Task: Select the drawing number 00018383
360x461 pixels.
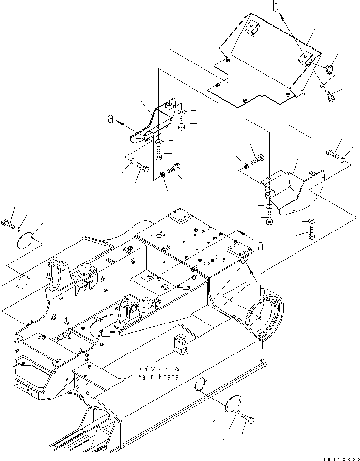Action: tap(338, 456)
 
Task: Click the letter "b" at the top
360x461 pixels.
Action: tap(275, 7)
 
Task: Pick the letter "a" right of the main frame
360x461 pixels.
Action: tap(260, 246)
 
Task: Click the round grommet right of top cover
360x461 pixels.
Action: tap(328, 69)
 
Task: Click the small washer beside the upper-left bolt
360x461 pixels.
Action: tap(18, 228)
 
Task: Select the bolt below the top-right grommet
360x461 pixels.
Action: tap(330, 97)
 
